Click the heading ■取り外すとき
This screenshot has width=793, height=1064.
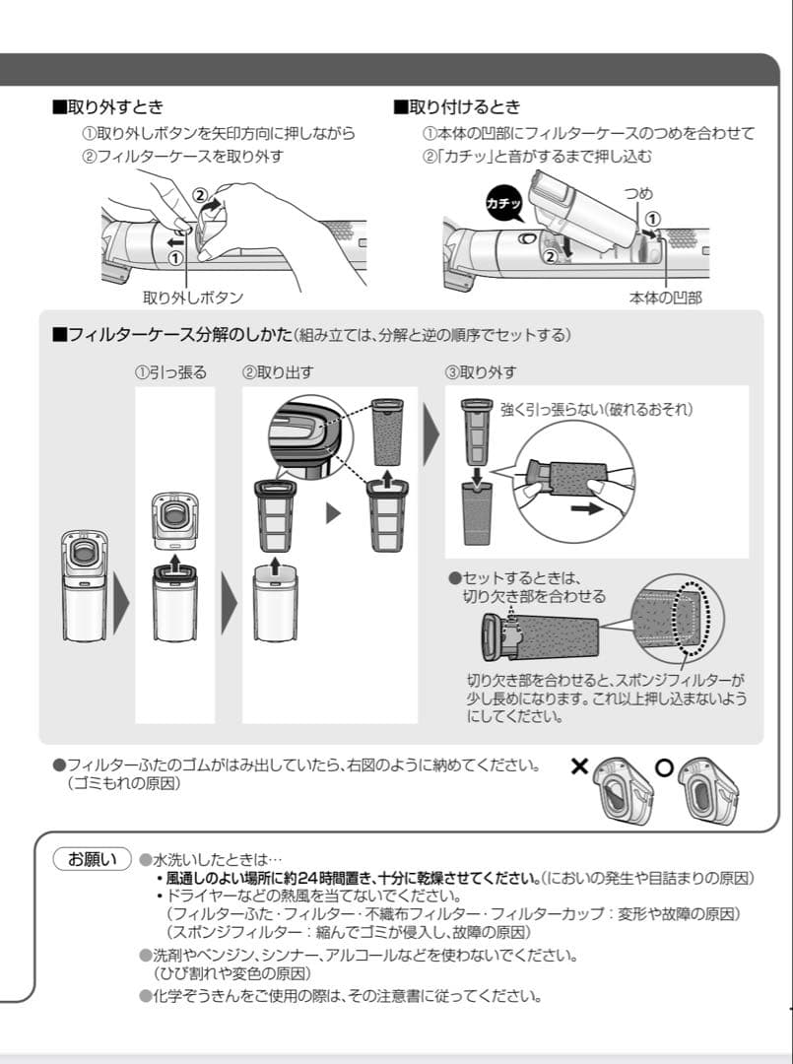(x=107, y=106)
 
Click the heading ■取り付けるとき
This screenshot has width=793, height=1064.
(x=457, y=106)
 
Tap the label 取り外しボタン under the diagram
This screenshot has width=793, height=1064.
(x=193, y=297)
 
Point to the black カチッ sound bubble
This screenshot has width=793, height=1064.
(x=504, y=203)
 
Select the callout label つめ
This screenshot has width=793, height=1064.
(x=638, y=195)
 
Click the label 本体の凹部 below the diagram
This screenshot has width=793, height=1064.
(x=665, y=297)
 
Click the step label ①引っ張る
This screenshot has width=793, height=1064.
(x=170, y=372)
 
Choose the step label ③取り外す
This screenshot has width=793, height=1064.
(x=481, y=372)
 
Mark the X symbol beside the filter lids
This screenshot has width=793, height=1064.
(x=581, y=766)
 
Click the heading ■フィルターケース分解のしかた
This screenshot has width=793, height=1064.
(x=172, y=335)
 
